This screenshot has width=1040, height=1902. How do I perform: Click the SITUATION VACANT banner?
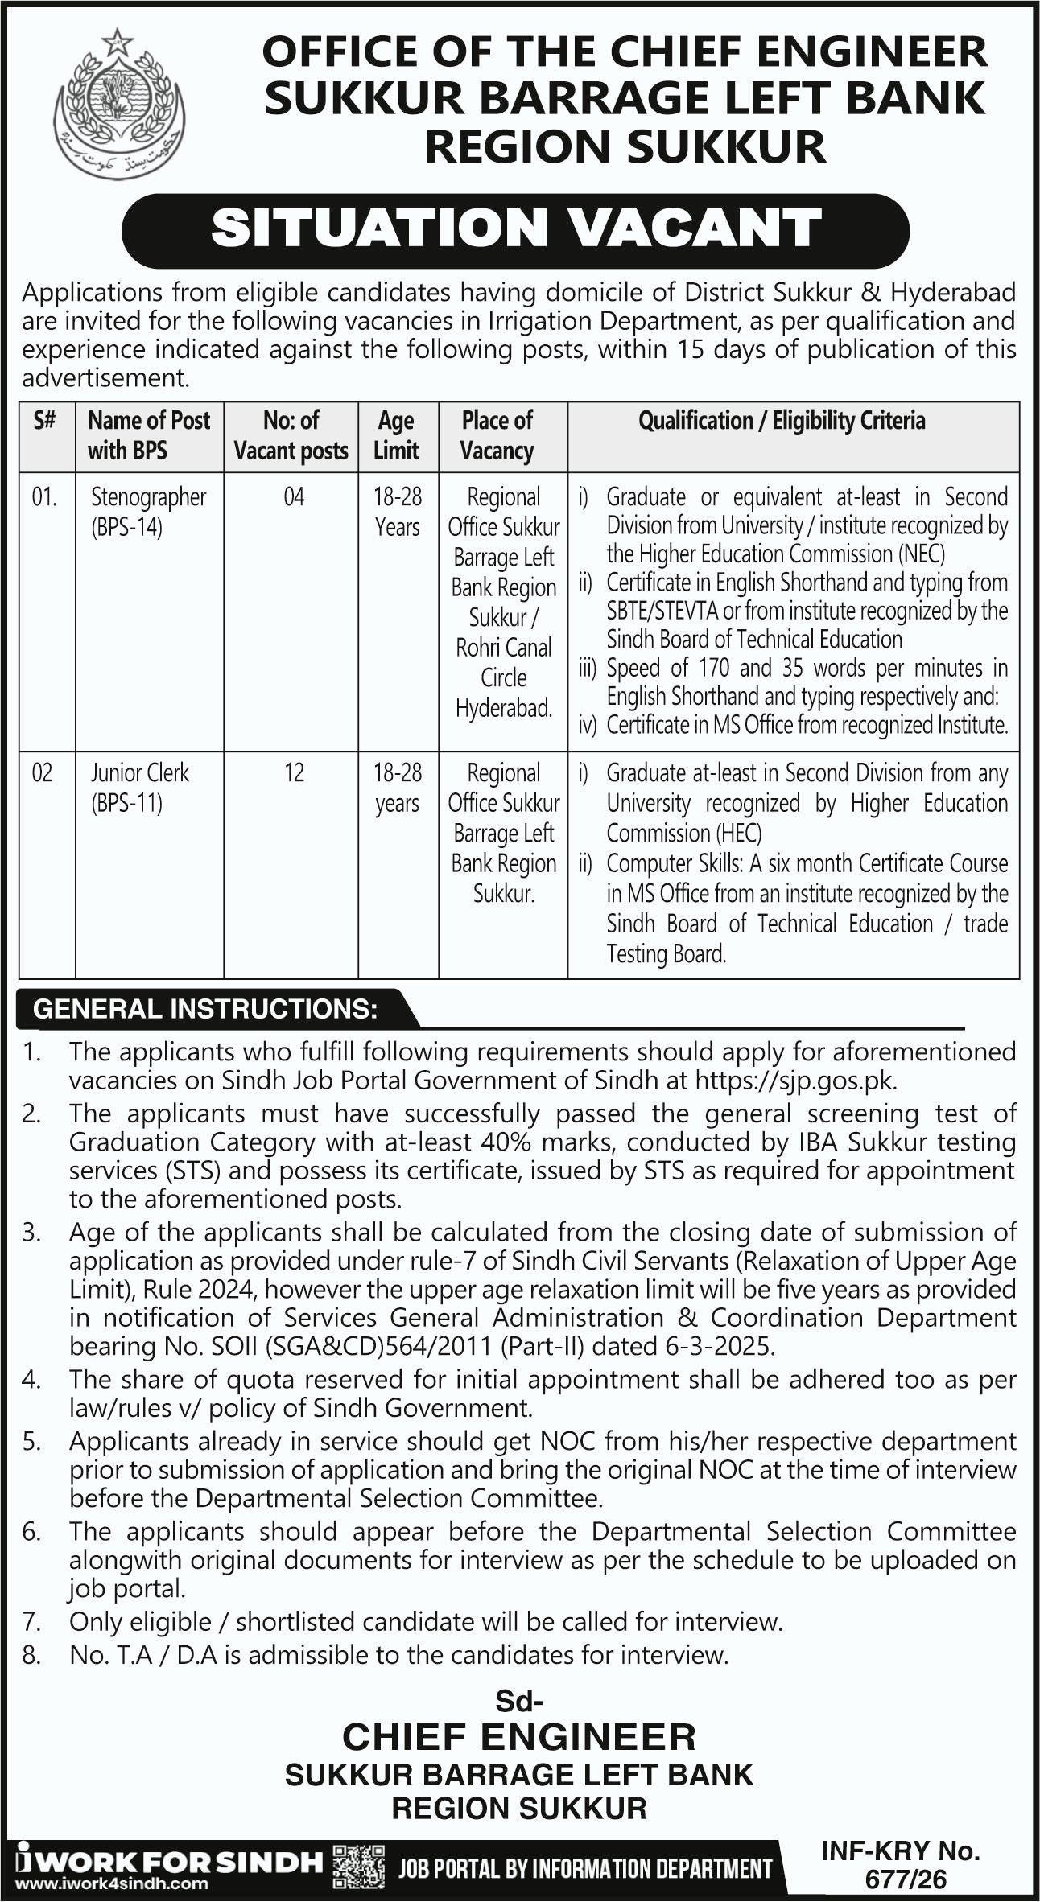(515, 229)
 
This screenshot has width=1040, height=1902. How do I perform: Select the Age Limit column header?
(397, 435)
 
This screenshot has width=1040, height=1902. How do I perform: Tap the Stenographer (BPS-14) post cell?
(148, 512)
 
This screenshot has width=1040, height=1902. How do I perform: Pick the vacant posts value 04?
(294, 496)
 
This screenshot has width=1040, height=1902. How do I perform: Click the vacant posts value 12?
(294, 772)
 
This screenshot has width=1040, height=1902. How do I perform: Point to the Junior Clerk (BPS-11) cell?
(139, 787)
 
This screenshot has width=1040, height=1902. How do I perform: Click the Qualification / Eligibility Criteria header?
(781, 421)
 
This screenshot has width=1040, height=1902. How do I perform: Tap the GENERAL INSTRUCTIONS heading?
(205, 1009)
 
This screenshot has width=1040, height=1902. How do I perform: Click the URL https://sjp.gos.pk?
(795, 1080)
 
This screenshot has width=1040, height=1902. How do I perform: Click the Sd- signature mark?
(519, 1701)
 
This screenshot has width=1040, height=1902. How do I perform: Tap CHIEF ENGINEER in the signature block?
(519, 1737)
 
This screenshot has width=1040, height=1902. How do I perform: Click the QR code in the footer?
(358, 1867)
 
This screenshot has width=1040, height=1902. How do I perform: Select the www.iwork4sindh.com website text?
(112, 1883)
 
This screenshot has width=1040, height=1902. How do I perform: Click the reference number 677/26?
(906, 1879)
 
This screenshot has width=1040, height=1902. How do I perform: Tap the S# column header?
(45, 421)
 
